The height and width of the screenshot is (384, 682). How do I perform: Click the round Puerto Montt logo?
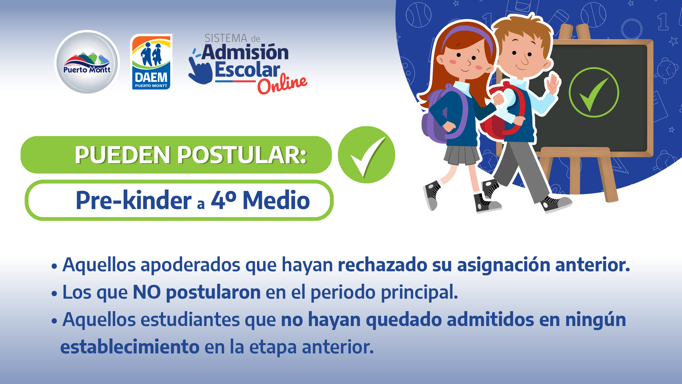coord(87,62)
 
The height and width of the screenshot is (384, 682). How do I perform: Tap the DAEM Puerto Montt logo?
coord(151,62)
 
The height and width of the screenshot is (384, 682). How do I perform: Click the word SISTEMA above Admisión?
coord(226,38)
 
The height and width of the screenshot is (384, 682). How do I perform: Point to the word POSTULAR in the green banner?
coord(242,155)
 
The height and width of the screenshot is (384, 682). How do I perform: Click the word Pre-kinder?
coord(133,200)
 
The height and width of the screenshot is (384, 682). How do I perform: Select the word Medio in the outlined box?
coord(276,200)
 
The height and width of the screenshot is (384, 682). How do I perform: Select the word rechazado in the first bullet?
coord(382,265)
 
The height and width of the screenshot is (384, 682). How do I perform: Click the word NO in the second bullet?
coord(147,292)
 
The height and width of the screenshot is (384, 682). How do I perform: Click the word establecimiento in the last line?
coord(130,347)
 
